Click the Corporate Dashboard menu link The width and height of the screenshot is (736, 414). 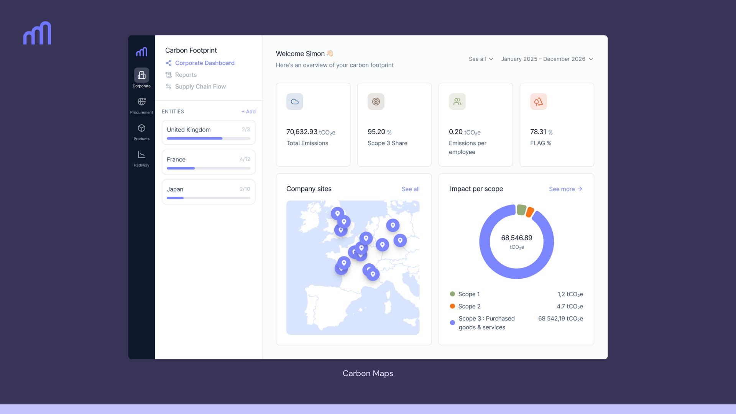click(204, 63)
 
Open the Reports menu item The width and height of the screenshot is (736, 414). click(186, 75)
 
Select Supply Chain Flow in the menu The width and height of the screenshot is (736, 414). click(200, 87)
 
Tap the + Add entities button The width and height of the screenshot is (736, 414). click(248, 112)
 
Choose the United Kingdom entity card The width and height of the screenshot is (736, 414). click(208, 132)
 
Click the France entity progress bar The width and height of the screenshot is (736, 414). click(208, 168)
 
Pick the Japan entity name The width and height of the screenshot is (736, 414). click(175, 189)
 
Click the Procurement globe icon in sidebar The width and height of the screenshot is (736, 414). click(141, 102)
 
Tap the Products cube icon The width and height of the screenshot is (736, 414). click(141, 128)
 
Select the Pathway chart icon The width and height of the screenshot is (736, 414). click(141, 154)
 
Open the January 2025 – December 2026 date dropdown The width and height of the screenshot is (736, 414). click(547, 59)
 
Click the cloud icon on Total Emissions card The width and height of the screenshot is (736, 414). click(294, 102)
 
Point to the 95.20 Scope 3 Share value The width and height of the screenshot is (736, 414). click(376, 132)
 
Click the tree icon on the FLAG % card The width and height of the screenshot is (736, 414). click(538, 102)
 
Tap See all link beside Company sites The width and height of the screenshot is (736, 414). click(410, 189)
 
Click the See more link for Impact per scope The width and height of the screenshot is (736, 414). click(565, 189)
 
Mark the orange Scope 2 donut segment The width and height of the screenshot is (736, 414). click(530, 212)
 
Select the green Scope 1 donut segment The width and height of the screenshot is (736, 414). click(521, 210)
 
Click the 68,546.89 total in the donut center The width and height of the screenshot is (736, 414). click(516, 238)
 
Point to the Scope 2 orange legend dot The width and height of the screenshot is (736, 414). click(452, 306)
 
